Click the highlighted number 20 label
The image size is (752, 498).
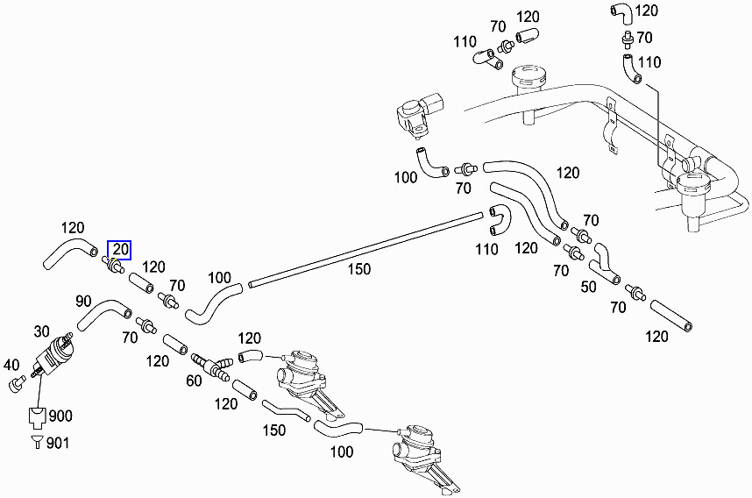119,250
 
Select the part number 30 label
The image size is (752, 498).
41,331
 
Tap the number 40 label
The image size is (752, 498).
11,365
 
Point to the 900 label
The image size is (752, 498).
60,416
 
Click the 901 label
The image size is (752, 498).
57,443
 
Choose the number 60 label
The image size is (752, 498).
193,381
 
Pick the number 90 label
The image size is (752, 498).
83,302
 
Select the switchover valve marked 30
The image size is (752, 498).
54,354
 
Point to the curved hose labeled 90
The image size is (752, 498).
104,315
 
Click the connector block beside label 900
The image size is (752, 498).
38,416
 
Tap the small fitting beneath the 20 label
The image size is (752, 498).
113,264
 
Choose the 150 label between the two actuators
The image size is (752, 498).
275,430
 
